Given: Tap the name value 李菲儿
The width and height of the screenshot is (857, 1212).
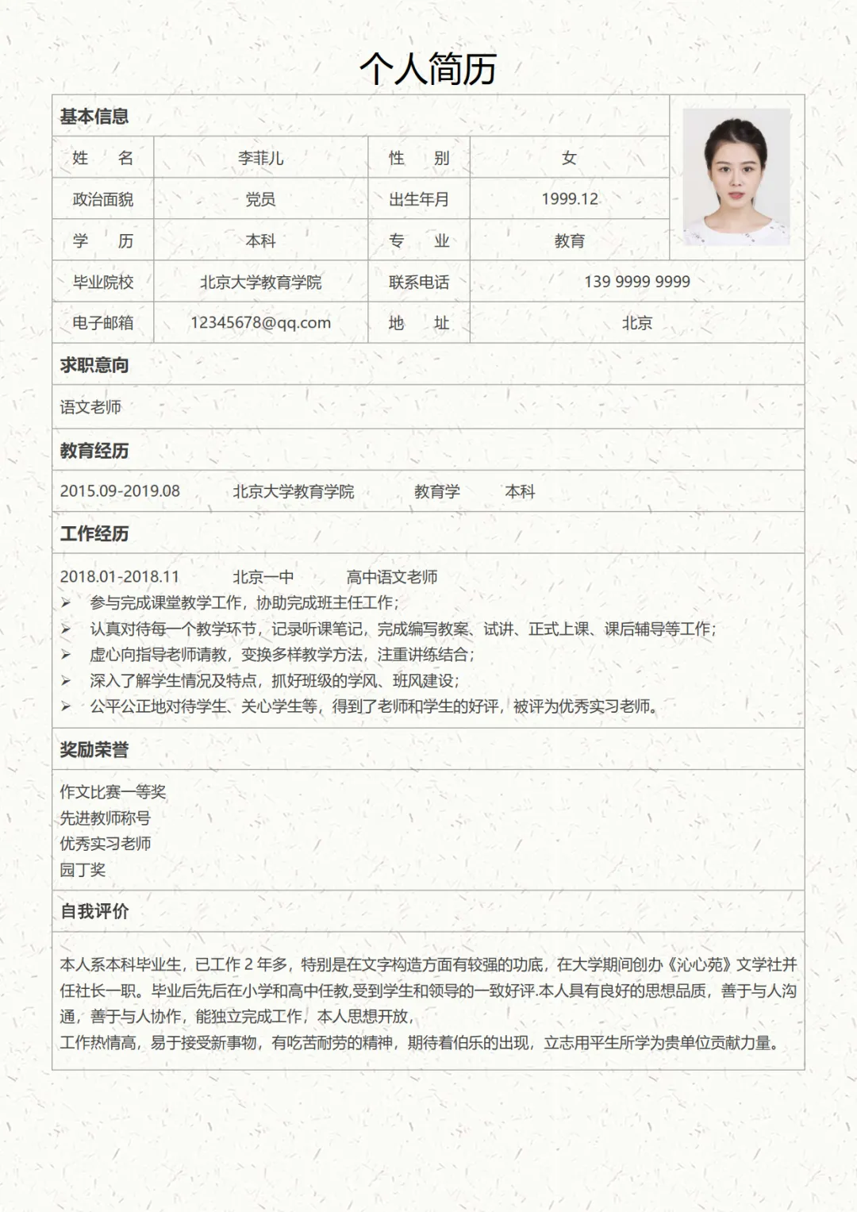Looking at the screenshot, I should point(260,158).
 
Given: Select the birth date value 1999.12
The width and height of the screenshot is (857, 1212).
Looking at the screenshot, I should point(570,199).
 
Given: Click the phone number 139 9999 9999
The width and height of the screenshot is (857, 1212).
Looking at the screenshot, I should point(636,282).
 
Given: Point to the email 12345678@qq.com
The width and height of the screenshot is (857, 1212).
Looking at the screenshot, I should point(260,323).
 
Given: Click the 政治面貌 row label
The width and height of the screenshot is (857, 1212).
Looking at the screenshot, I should point(103,199).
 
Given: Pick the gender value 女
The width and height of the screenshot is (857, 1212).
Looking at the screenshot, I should point(569,158).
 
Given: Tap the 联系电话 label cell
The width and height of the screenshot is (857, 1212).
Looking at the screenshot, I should point(419,282).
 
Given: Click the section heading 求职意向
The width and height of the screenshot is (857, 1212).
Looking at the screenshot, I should point(94,365).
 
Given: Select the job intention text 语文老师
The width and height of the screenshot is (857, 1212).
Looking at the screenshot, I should point(90,407).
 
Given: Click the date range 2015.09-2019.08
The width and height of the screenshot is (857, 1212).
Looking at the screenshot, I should point(120,491).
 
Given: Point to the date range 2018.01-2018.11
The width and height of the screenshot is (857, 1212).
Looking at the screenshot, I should point(120,577).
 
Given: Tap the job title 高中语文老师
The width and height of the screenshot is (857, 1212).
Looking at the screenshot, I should point(392,577).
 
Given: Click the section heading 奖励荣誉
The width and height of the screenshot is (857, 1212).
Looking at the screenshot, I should point(94,750).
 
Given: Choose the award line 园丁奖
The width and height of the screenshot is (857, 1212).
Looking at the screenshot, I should point(83,870).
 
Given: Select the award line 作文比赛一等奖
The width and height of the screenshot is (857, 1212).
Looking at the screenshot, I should point(113,792).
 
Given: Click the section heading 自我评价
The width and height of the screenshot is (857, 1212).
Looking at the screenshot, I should point(94,911).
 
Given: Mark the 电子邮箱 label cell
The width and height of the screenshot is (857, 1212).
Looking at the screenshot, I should point(103,323).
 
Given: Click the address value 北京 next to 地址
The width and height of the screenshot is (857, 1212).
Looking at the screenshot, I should point(636,323).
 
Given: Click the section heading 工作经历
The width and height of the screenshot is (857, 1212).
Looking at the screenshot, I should point(94,533).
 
